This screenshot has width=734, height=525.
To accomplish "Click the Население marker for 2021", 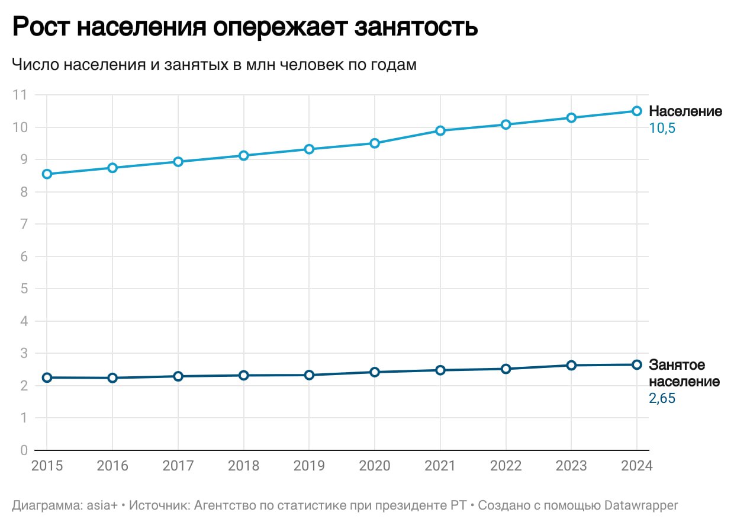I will (x=440, y=130).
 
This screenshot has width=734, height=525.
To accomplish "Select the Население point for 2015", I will (x=47, y=174).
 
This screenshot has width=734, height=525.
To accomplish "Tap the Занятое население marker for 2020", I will (x=375, y=372).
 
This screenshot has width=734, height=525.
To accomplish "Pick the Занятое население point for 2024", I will (x=637, y=364).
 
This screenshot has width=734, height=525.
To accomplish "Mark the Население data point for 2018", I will (x=243, y=155).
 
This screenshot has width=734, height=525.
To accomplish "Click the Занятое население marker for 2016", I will (x=112, y=378).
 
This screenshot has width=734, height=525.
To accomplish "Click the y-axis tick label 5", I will (x=24, y=289).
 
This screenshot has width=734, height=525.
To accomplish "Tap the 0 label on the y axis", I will (x=24, y=450).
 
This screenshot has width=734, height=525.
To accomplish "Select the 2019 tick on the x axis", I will (x=309, y=466).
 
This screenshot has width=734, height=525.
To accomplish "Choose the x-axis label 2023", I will (x=571, y=466).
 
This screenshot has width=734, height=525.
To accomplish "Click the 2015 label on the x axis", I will (x=47, y=466).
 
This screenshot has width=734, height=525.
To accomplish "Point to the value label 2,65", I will (x=662, y=399).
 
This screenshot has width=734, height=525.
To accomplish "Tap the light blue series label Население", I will (x=685, y=111).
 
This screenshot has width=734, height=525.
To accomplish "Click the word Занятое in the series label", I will (x=677, y=365).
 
